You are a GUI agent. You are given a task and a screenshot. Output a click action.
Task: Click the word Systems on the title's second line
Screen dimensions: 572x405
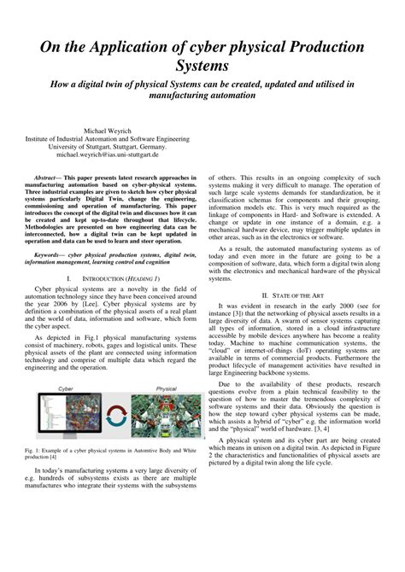[202, 67]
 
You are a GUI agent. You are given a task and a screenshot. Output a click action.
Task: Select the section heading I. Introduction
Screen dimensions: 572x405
[108, 278]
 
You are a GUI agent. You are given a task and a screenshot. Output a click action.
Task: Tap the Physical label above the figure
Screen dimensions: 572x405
[166, 388]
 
